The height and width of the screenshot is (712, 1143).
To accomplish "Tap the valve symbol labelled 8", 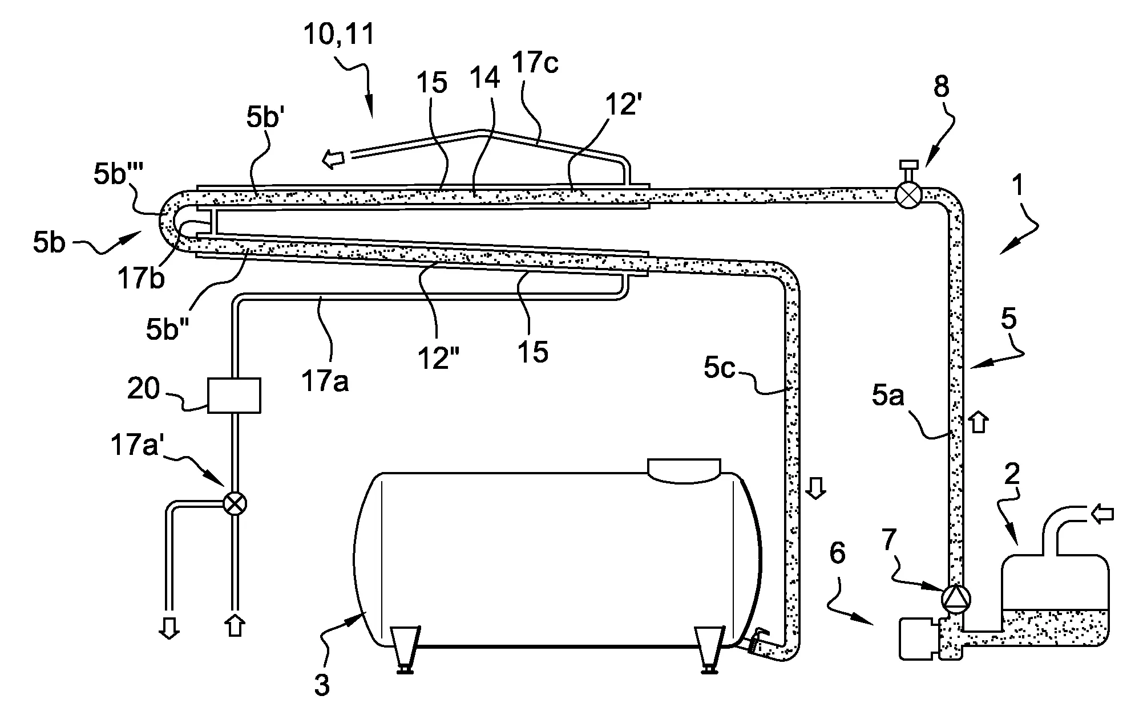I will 907,196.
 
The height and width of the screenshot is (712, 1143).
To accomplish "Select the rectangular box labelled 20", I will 234,394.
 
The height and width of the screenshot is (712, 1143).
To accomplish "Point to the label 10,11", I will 338,35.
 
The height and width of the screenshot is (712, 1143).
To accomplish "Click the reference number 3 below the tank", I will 322,685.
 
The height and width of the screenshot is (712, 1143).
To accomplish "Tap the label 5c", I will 720,369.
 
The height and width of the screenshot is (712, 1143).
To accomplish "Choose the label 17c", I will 535,63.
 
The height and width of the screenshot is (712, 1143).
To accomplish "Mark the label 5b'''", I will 118,175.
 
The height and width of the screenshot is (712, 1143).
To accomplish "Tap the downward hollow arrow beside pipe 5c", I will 817,489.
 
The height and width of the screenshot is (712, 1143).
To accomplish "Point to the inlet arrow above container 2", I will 1101,515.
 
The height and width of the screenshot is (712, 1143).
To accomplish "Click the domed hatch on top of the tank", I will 684,469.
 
